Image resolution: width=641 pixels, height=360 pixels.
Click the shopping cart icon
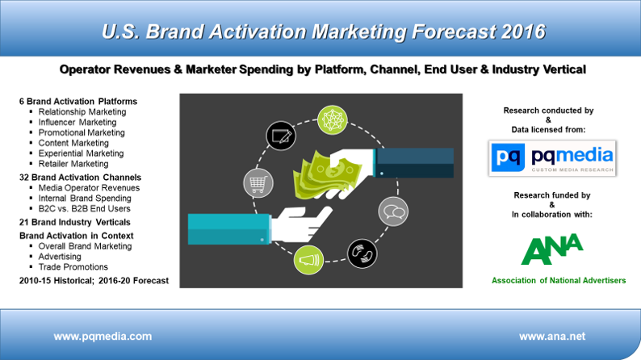[x=258, y=183]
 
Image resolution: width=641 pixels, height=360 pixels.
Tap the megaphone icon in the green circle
[x=308, y=260]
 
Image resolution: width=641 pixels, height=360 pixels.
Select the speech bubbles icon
[x=393, y=211]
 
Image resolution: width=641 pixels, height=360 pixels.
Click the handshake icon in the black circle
[x=362, y=253]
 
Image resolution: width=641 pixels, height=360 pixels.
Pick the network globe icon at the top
[x=333, y=120]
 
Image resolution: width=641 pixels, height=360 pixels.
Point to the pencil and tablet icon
[x=281, y=136]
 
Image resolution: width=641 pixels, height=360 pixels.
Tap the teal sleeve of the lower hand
[x=229, y=228]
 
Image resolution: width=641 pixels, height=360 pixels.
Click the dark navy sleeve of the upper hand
[x=413, y=162]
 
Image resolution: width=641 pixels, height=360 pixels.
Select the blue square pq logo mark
[x=508, y=157]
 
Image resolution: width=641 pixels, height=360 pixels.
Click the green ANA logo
[x=552, y=249]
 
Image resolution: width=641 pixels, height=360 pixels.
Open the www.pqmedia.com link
[x=103, y=337]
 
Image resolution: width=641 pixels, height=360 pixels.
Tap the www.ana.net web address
[x=552, y=337]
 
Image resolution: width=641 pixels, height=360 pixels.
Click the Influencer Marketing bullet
[x=78, y=122]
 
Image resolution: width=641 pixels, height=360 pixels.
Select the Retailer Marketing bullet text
[x=73, y=164]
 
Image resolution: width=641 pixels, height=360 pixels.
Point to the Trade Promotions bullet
[x=73, y=267]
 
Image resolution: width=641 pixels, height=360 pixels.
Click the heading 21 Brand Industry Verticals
[x=75, y=222]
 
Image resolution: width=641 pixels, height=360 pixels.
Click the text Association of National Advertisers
[x=559, y=280]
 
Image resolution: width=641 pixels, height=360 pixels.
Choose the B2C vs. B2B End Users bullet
[x=84, y=208]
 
